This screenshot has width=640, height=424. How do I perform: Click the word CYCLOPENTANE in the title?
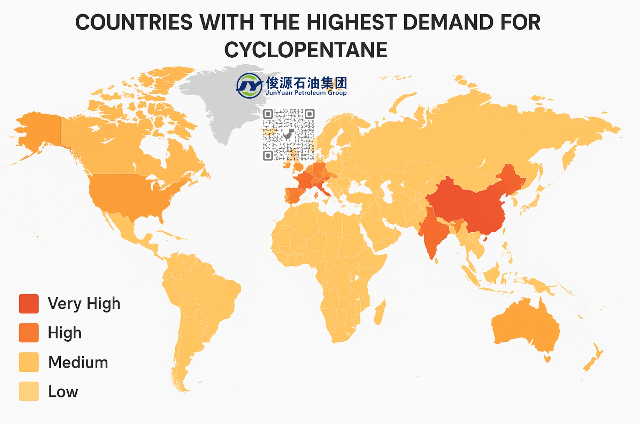point(305,50)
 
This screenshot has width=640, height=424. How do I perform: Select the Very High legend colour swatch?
point(29,304)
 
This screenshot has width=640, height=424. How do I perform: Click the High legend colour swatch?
point(29,333)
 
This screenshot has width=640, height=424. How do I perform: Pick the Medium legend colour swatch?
point(29,362)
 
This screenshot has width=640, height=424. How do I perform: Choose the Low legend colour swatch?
point(29,391)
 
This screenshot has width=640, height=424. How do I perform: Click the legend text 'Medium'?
point(78,362)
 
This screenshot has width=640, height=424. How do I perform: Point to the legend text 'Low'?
point(63,392)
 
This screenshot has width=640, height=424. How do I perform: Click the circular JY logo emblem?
point(249,85)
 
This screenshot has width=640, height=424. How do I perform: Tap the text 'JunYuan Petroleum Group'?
point(306,93)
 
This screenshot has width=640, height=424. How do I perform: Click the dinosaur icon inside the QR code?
point(289,135)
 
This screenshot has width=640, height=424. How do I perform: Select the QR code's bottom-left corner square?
point(268,155)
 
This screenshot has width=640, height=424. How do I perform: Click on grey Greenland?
point(222,103)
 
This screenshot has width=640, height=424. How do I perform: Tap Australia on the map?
point(524,326)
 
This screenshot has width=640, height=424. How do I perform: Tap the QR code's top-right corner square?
point(309,114)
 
